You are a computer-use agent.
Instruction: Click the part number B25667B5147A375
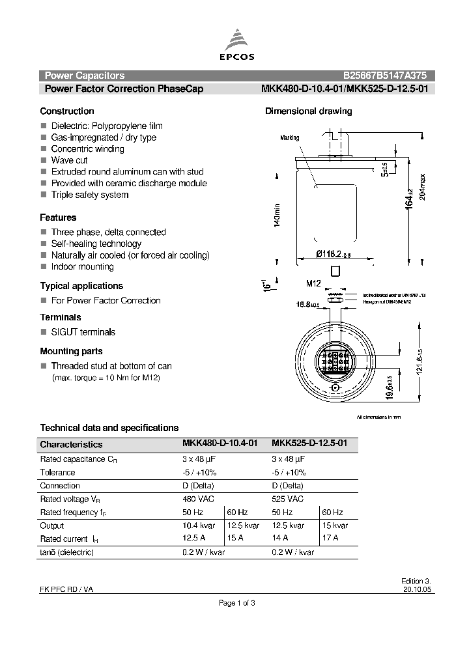pos(385,76)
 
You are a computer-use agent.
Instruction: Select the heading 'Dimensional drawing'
pos(308,111)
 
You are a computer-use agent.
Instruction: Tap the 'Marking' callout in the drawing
pos(289,138)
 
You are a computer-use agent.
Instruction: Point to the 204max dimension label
pos(422,189)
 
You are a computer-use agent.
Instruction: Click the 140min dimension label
pos(276,215)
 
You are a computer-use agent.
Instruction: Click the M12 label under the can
pos(315,284)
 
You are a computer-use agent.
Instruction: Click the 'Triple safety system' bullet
pos(89,195)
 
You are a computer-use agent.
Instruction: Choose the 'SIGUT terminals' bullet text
pos(83,332)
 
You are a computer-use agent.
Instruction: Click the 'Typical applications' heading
pos(81,286)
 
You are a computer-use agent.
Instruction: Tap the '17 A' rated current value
pos(330,539)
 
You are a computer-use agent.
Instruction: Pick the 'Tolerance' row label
pos(58,472)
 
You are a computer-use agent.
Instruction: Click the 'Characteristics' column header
pos(71,445)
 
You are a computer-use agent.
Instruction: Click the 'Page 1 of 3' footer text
pos(236,603)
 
